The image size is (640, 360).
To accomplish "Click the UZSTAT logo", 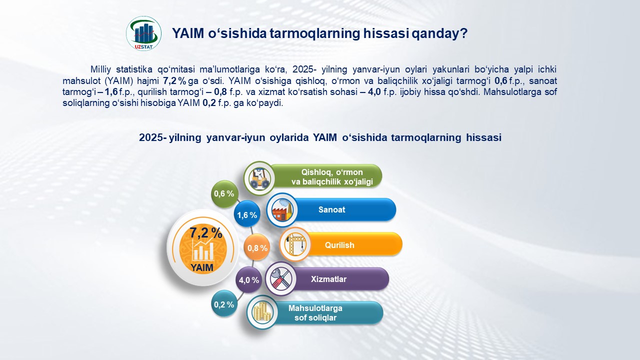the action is [143, 33].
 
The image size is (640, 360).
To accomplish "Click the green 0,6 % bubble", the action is [224, 193].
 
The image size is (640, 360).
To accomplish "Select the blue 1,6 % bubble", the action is [247, 214].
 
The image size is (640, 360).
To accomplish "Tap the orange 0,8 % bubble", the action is [257, 247].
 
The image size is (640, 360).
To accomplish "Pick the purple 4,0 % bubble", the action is [248, 279].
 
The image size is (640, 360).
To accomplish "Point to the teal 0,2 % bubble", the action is [224, 304].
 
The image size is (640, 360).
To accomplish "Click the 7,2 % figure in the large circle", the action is [206, 233].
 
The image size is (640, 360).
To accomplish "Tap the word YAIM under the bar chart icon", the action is [201, 267].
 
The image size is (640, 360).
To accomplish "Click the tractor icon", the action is [259, 178].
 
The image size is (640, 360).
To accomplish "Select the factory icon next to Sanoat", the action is [282, 209].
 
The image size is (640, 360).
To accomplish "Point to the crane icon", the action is [295, 244].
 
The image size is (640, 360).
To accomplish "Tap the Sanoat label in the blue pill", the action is [331, 209].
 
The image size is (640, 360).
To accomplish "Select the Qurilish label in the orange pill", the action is [339, 245].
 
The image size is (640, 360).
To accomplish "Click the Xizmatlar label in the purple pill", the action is [328, 279].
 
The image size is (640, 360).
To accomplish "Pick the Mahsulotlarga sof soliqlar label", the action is [315, 313].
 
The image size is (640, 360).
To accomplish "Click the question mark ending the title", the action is [463, 33].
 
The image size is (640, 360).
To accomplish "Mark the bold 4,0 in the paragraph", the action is [374, 92].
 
